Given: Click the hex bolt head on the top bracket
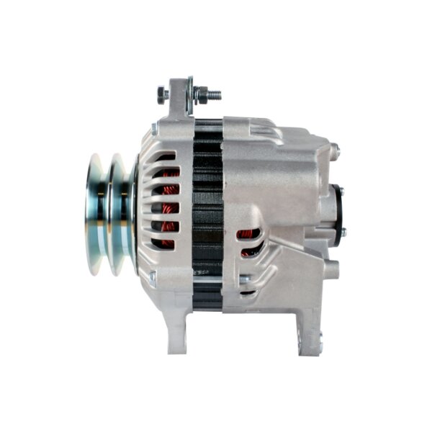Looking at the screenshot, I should click(163, 94).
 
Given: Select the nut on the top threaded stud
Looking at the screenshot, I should click(201, 94).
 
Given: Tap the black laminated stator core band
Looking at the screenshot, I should click(207, 216).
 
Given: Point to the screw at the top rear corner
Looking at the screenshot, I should click(334, 150).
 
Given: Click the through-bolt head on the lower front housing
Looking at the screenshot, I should click(153, 275).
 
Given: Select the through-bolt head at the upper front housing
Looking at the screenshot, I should click(154, 130).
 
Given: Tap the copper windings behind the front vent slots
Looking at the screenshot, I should click(168, 209).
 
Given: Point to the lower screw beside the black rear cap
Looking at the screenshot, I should click(342, 232).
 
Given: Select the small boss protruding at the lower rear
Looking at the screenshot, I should click(331, 270).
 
